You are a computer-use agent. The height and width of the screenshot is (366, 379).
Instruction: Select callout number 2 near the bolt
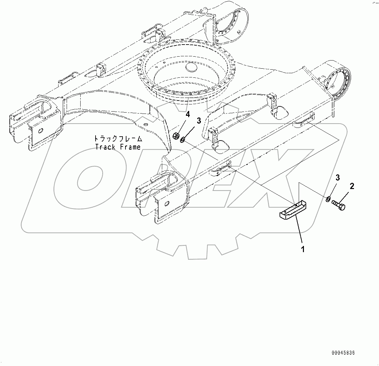click(352, 186)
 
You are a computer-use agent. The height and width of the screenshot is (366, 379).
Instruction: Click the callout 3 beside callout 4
click(199, 121)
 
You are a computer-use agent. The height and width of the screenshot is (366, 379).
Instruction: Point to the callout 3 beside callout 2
click(338, 178)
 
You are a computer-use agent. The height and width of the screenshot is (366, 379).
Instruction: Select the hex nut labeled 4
click(176, 136)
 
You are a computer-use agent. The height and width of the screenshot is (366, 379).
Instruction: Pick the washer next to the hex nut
click(182, 140)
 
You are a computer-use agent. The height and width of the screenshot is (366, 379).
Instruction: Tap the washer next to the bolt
click(328, 198)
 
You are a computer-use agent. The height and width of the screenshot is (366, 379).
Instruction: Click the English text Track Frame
click(118, 147)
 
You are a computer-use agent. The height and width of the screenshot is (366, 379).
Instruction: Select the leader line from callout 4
click(182, 125)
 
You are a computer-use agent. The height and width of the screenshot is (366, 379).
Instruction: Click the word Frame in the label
click(130, 147)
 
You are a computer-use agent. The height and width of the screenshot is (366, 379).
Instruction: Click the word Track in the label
click(105, 147)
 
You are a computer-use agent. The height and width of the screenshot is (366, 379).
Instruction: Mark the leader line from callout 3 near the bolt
click(333, 189)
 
